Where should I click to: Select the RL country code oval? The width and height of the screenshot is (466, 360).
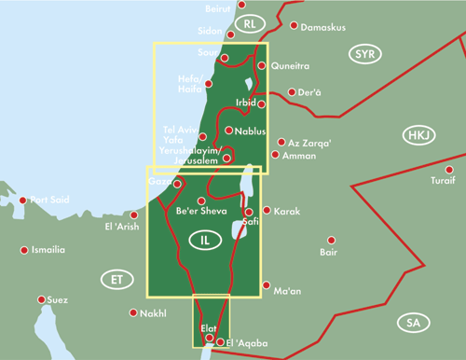pos(249,22)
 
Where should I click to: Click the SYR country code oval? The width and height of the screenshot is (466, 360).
pos(364,55)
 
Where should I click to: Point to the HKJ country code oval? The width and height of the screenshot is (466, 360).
pos(418,137)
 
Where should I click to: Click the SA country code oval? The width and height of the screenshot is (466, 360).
pos(412,323)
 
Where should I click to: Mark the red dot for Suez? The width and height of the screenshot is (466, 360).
pos(41,300)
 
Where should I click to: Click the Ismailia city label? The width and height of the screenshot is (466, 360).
pos(48,250)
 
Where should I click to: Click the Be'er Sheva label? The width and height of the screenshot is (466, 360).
pos(201,213)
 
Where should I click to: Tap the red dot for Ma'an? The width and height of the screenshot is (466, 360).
pos(267,285)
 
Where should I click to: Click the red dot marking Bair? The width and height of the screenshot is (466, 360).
pos(331,241)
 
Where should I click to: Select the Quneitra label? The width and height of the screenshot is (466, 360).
pos(289,66)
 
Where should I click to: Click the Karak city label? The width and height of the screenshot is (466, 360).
pos(286,212)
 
